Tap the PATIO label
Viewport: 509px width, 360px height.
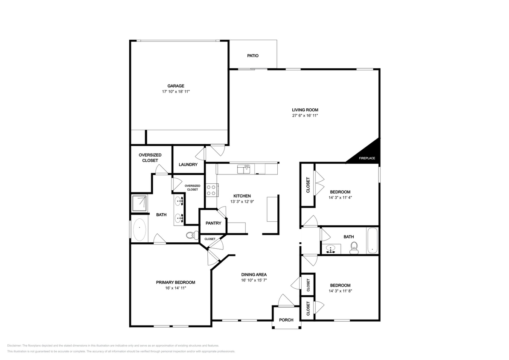[x=253, y=56]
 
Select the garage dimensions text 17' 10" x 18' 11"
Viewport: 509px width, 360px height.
[x=175, y=92]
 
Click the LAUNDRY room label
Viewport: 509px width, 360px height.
[x=188, y=165]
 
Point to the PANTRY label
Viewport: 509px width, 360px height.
[x=213, y=223]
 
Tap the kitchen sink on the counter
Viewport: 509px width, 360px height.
[x=244, y=169]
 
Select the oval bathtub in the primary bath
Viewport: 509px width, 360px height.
[x=140, y=230]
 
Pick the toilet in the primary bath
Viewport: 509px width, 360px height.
[x=192, y=235]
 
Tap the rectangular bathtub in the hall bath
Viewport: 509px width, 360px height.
[x=372, y=241]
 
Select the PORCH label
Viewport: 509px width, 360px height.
[x=286, y=320]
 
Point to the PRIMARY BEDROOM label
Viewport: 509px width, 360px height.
[x=175, y=282]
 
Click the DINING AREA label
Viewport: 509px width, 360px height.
[x=254, y=275]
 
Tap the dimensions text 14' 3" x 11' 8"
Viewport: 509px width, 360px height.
[x=340, y=291]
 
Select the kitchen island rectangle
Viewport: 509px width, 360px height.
[x=272, y=209]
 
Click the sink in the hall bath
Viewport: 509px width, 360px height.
[x=331, y=248]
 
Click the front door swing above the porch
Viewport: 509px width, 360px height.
[x=285, y=300]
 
